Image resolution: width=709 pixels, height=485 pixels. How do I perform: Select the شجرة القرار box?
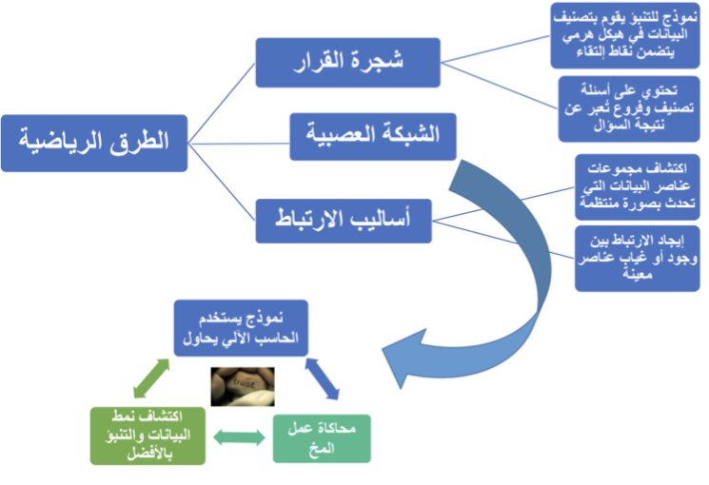pos(347,63)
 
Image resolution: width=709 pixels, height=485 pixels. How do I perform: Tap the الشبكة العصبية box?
pos(372,135)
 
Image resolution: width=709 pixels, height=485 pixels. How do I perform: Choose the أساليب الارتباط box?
pos(344,219)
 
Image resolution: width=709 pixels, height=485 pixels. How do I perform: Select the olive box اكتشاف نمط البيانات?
pos(148,435)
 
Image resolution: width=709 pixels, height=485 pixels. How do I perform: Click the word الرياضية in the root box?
pos(67,143)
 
